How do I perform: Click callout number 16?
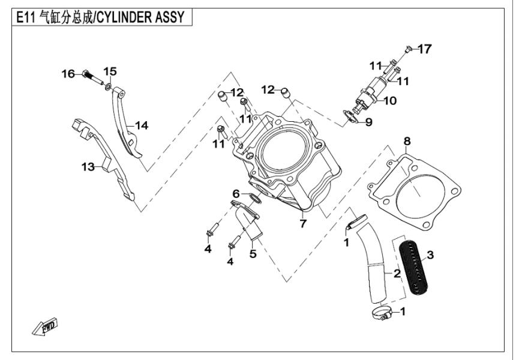68,74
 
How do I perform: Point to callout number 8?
407,142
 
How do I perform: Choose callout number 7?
304,224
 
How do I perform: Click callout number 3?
430,254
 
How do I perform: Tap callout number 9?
368,122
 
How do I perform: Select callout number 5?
253,254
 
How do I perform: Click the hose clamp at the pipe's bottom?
379,313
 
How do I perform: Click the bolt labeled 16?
89,75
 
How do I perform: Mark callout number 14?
141,125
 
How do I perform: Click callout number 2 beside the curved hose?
397,274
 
